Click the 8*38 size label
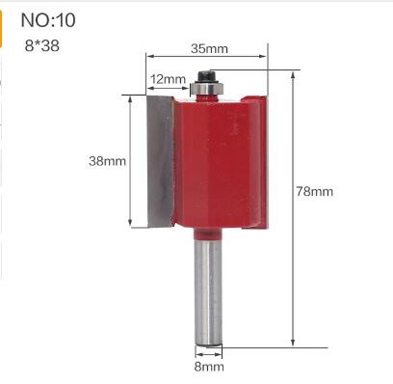click(x=41, y=43)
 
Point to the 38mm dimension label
click(x=107, y=161)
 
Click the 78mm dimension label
click(x=314, y=191)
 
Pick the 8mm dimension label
click(x=209, y=367)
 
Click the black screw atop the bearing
click(x=206, y=74)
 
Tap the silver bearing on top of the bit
click(x=206, y=90)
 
